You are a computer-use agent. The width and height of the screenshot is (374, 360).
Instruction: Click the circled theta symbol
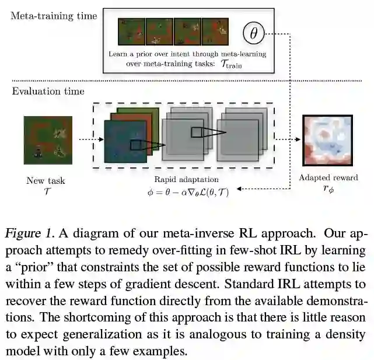point(253,33)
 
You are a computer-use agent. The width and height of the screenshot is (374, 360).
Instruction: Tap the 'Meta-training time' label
point(53,16)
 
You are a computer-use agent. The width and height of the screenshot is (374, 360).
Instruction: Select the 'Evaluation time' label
point(48,91)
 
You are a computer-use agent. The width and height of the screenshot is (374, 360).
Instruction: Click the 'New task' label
point(46,180)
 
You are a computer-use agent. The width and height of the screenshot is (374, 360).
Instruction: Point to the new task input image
point(48,141)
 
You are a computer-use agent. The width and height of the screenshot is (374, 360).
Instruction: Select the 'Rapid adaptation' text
point(186,180)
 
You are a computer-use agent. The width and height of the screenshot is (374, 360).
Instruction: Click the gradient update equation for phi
point(187,191)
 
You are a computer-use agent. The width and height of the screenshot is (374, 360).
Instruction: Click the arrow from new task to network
point(86,140)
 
